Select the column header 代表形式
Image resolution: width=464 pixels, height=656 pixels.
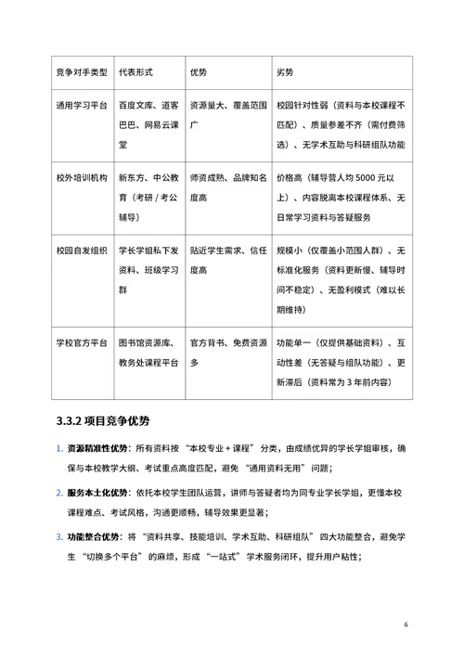[x=143, y=71]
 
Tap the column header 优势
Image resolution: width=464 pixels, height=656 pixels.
[x=199, y=71]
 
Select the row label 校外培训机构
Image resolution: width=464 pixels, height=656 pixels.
[x=80, y=176]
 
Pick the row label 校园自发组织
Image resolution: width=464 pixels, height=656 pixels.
[x=80, y=251]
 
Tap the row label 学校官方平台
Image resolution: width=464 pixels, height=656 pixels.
[x=80, y=343]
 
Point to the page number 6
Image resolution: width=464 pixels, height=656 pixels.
[x=406, y=624]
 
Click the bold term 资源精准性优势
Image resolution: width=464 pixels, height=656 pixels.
[x=96, y=451]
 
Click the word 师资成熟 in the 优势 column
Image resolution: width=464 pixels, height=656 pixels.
[x=206, y=176]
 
